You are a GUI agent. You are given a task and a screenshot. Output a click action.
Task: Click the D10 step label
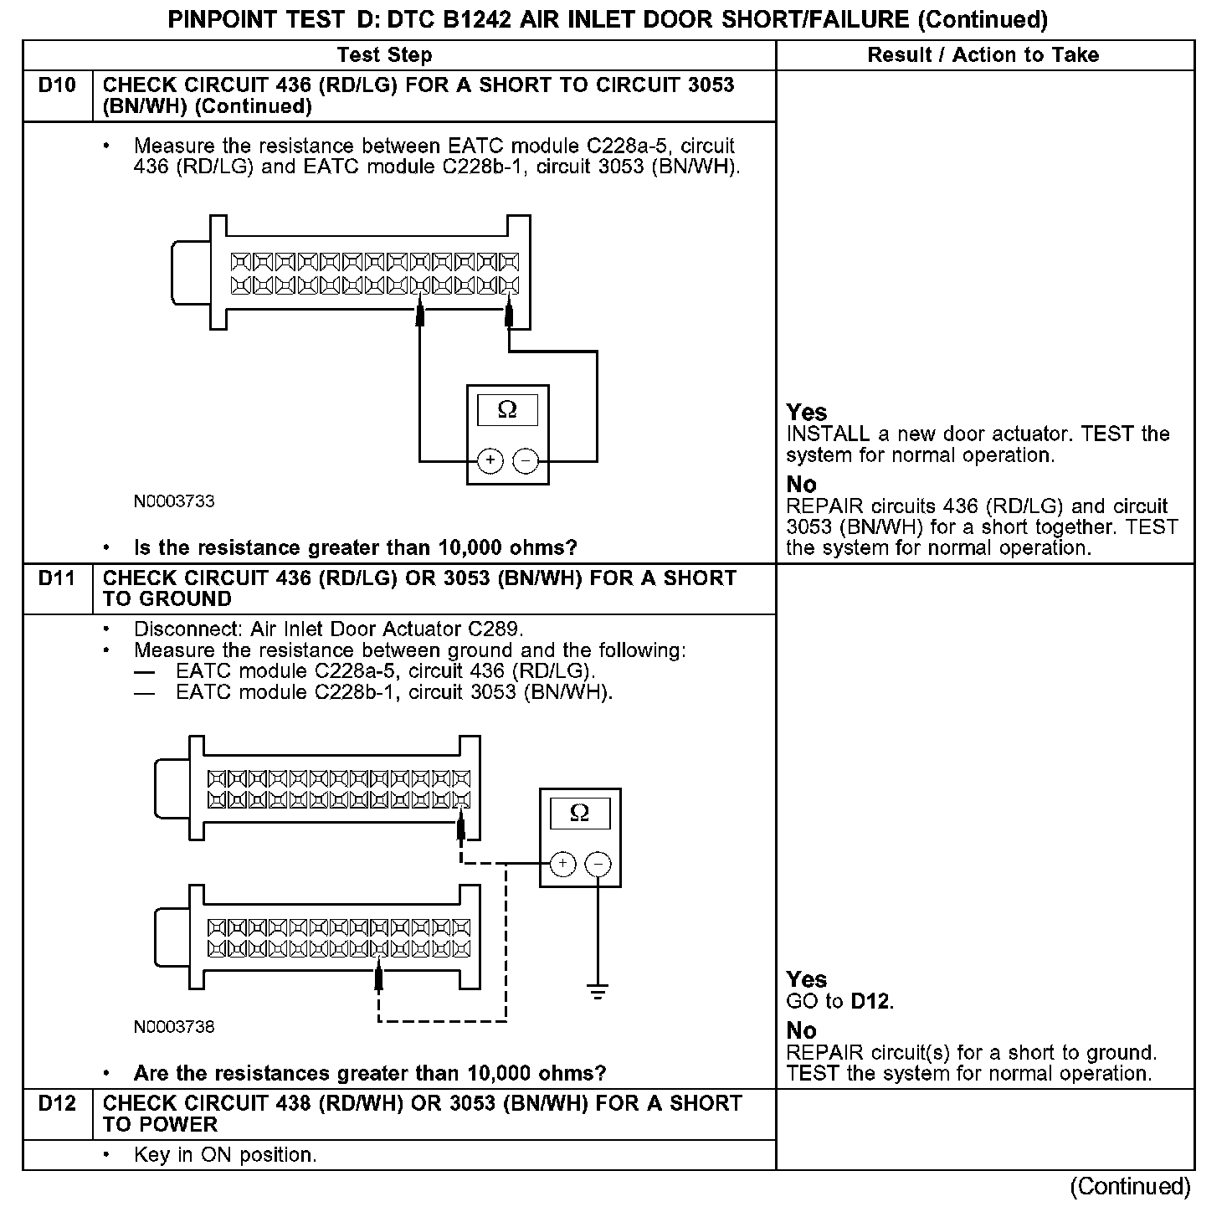57,85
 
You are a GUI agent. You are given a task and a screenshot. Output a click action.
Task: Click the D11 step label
57,578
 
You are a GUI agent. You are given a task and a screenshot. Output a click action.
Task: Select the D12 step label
57,1104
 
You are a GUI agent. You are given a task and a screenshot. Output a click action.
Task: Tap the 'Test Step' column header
384,55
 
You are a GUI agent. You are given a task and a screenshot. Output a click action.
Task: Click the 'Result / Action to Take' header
983,55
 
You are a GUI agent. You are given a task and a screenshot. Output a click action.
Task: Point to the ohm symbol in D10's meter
507,410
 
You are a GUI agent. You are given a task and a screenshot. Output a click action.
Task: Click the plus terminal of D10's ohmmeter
490,460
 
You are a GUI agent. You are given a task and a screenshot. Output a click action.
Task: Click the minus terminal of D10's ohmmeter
526,460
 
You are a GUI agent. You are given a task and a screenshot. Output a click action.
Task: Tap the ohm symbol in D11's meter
579,813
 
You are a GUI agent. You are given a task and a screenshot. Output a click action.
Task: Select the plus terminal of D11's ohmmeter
562,864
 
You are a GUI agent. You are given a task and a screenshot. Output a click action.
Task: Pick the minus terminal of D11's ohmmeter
598,864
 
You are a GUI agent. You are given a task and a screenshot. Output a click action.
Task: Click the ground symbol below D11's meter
597,993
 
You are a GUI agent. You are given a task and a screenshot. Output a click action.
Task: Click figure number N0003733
174,501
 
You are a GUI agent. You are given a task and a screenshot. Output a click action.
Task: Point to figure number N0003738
174,1027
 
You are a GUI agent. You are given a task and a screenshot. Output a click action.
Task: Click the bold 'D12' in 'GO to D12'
870,1002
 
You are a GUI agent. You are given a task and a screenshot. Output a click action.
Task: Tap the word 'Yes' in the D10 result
807,412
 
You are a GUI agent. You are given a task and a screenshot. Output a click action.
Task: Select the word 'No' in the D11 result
801,1031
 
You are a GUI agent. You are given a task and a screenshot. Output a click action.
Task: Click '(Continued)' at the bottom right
1130,1187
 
